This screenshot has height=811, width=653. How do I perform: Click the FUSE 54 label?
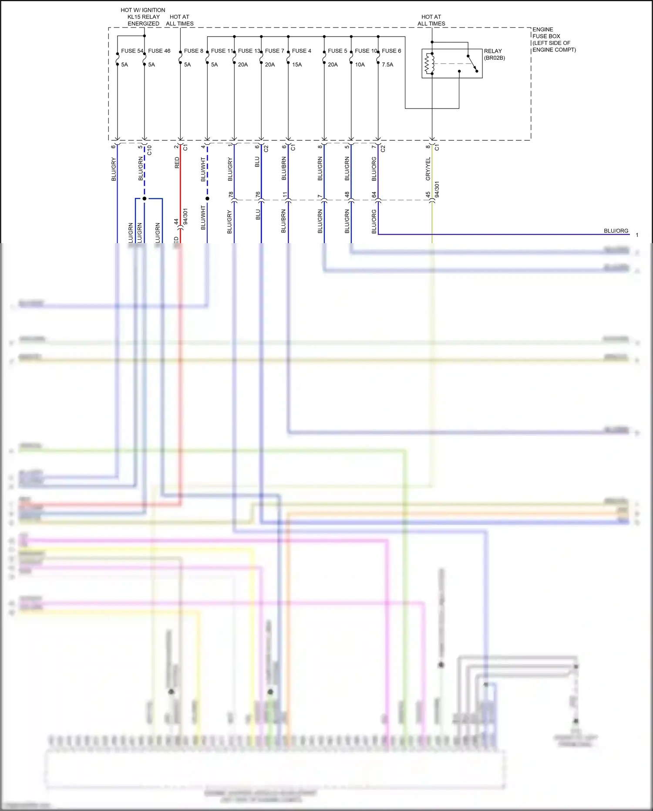[x=132, y=51]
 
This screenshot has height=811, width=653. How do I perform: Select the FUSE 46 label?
[x=159, y=51]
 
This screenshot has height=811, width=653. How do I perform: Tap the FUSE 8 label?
[x=193, y=51]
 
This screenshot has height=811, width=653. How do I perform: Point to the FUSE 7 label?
[x=274, y=51]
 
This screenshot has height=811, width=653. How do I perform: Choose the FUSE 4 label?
[x=301, y=51]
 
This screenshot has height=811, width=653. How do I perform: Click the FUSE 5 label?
[x=337, y=51]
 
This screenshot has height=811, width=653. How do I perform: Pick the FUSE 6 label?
[x=391, y=51]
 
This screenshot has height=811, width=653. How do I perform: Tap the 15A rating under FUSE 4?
[x=297, y=64]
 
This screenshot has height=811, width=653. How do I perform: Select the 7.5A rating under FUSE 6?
[x=387, y=64]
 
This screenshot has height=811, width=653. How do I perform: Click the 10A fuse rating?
[x=360, y=64]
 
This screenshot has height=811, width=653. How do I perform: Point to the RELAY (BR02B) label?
[x=494, y=54]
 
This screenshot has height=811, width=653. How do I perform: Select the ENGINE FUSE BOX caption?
[x=553, y=40]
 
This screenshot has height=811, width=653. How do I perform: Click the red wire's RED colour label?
[x=177, y=163]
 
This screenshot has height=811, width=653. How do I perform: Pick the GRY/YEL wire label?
[x=428, y=169]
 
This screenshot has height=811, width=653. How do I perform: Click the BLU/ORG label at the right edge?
[x=616, y=231]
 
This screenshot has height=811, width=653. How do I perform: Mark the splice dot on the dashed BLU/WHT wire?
[x=207, y=199]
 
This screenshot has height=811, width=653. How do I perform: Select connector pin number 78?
[x=231, y=194]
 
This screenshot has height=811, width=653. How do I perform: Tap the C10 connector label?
[x=149, y=150]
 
